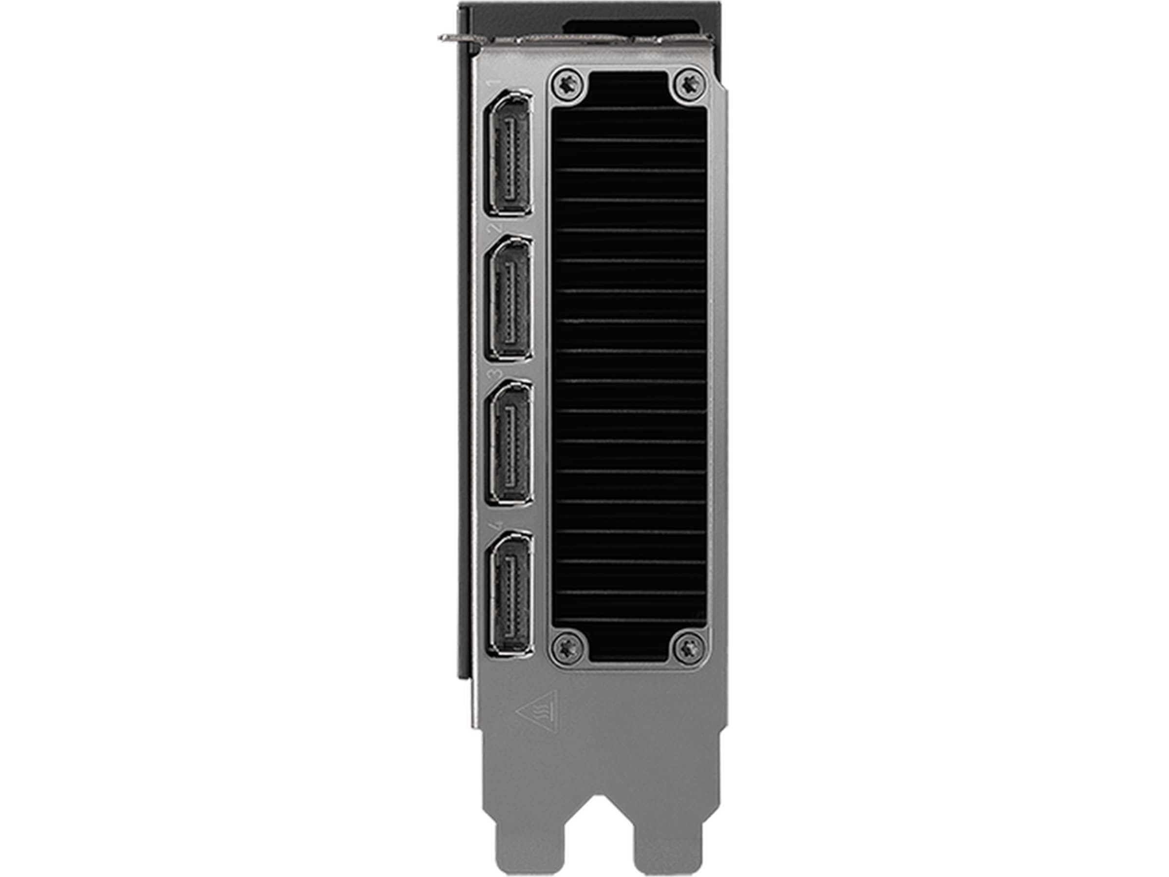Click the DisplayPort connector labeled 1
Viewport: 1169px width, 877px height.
510,154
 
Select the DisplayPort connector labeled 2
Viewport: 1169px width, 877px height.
510,299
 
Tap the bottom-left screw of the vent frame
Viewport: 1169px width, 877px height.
568,647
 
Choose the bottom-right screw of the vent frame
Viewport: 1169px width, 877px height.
690,647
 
